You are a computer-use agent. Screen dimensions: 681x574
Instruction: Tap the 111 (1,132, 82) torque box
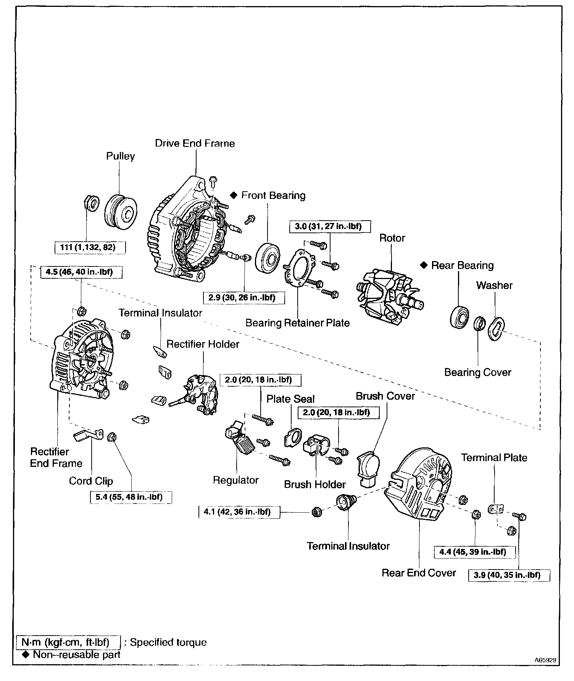pyautogui.click(x=90, y=247)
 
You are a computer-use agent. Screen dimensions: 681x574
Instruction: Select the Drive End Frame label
pyautogui.click(x=195, y=144)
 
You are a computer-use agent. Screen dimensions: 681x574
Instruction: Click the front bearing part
pyautogui.click(x=267, y=257)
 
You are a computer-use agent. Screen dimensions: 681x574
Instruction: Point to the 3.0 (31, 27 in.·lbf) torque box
pyautogui.click(x=328, y=226)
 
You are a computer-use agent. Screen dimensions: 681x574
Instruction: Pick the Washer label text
pyautogui.click(x=494, y=286)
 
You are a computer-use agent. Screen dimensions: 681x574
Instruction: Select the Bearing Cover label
pyautogui.click(x=477, y=372)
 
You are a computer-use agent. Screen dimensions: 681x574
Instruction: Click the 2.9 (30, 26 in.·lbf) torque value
pyautogui.click(x=244, y=297)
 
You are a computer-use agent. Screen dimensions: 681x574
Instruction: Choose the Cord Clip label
pyautogui.click(x=91, y=481)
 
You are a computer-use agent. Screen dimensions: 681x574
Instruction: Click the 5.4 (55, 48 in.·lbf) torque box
pyautogui.click(x=131, y=497)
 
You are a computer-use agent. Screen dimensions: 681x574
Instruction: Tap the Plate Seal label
pyautogui.click(x=290, y=399)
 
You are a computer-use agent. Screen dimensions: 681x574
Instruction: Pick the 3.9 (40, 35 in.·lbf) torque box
pyautogui.click(x=509, y=575)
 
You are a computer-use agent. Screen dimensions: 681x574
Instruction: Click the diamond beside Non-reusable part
pyautogui.click(x=26, y=655)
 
